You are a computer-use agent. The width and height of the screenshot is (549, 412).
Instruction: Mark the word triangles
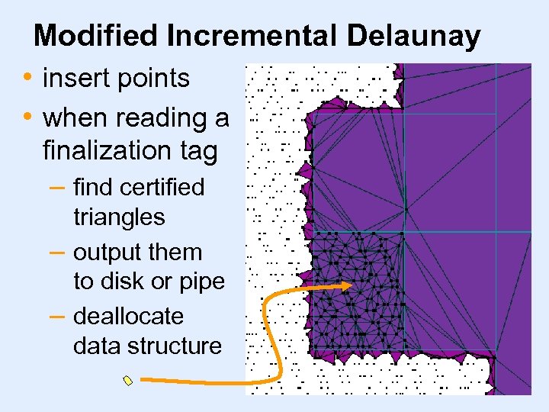pos(119,217)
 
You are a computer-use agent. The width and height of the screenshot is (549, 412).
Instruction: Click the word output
pos(105,253)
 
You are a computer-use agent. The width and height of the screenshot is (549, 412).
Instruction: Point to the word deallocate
pos(128,316)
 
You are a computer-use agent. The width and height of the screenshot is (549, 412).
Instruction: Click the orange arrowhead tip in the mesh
pos(350,285)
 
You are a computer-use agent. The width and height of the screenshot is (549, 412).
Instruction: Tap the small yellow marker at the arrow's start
pos(128,380)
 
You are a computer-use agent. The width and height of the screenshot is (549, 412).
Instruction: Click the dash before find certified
pos(58,188)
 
